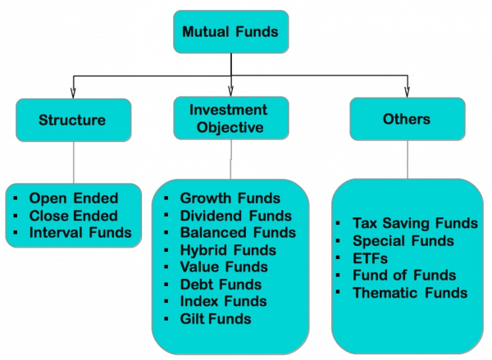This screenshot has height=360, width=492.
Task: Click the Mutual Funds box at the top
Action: (x=230, y=33)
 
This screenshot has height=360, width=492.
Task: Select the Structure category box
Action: (x=72, y=120)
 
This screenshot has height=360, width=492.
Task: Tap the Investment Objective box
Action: (x=231, y=119)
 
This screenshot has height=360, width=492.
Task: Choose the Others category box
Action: (x=407, y=120)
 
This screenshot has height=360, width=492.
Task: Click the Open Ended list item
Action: (x=73, y=198)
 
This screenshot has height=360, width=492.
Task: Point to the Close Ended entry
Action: (x=73, y=216)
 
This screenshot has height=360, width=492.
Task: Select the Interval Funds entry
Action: (x=80, y=233)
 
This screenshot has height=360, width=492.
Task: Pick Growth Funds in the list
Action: (x=230, y=198)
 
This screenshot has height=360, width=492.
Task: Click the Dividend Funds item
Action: (x=235, y=216)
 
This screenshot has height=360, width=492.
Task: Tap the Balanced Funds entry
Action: (x=238, y=233)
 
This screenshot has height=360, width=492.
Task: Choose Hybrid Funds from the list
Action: (x=228, y=250)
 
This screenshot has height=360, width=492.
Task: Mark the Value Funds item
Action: (x=224, y=267)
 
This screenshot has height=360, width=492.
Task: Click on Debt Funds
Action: (x=221, y=285)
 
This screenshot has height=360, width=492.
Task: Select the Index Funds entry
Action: (x=223, y=302)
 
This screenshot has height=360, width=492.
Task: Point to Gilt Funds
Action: (x=216, y=319)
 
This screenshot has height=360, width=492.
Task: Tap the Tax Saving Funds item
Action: (x=415, y=223)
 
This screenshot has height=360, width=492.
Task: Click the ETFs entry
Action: (x=370, y=258)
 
